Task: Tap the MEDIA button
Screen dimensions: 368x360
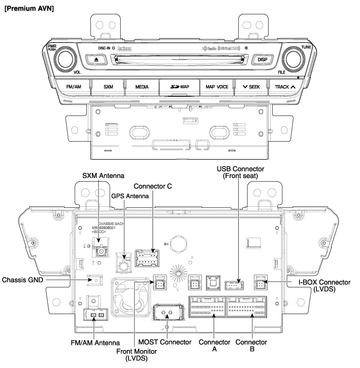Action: pyautogui.click(x=142, y=86)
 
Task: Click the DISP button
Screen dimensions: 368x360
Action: pyautogui.click(x=262, y=59)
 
